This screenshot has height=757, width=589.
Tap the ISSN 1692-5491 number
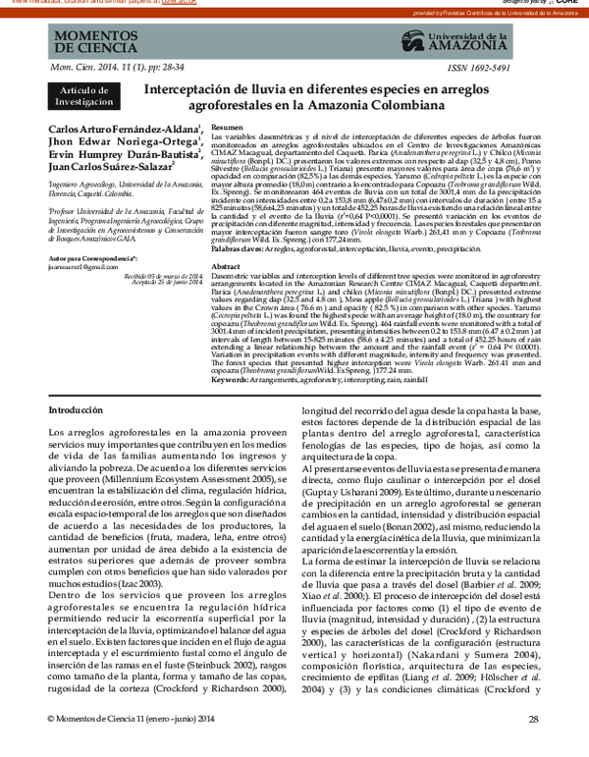(479, 68)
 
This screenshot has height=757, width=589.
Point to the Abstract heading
(227, 294)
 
